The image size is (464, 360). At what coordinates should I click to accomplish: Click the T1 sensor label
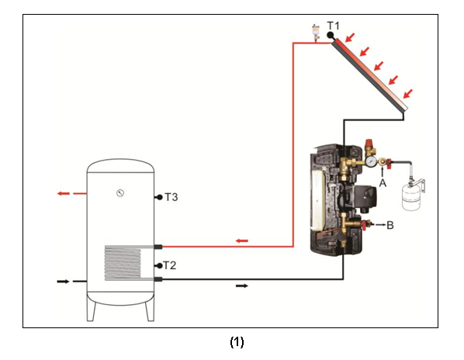tap(334, 26)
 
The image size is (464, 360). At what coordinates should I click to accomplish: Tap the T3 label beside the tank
tap(171, 197)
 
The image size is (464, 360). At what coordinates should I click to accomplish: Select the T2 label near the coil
tap(170, 265)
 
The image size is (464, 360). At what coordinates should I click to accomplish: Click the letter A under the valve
tap(383, 183)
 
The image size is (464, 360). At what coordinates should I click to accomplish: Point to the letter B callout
tap(390, 225)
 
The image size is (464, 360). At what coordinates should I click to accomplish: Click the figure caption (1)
tap(237, 342)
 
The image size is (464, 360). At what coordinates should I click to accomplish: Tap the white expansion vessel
tap(411, 197)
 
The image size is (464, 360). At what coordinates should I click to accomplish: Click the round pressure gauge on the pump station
tap(371, 161)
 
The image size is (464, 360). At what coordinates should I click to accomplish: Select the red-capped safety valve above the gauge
tap(369, 147)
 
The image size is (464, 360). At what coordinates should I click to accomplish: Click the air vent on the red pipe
tap(316, 33)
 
